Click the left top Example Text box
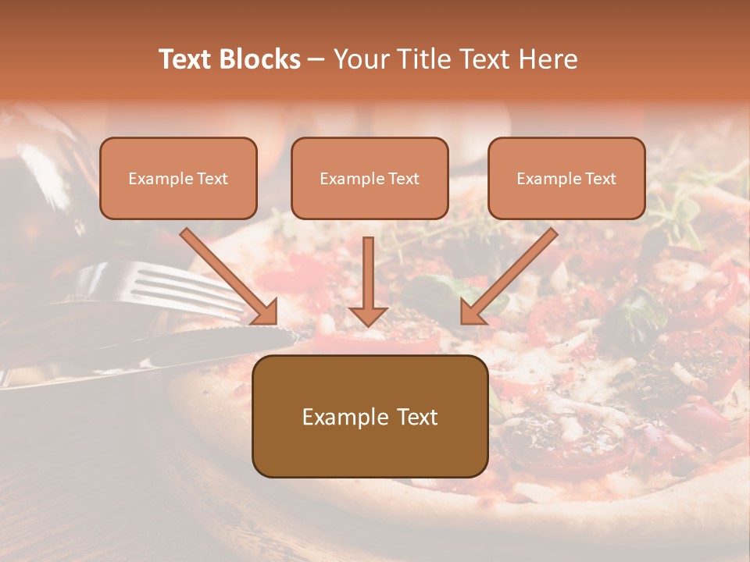tap(178, 179)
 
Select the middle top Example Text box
tap(370, 179)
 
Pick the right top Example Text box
tap(566, 179)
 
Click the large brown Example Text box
tap(370, 417)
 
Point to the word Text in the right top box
tap(600, 179)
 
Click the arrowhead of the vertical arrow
tap(368, 315)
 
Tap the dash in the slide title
tap(317, 59)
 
